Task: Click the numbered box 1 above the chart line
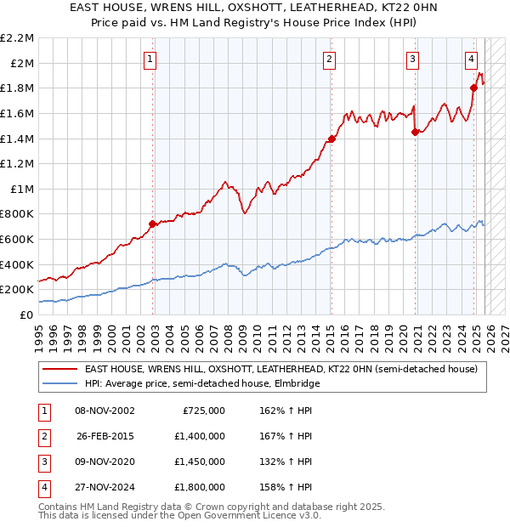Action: click(x=150, y=59)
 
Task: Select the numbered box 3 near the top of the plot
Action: click(x=412, y=59)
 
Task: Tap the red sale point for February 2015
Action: click(x=331, y=139)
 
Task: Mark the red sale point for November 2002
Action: click(x=153, y=224)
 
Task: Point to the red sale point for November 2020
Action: click(x=415, y=132)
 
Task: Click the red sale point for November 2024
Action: click(x=473, y=88)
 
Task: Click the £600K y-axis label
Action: click(x=17, y=240)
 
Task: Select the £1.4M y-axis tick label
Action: click(x=17, y=139)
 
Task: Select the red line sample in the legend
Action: click(x=59, y=369)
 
